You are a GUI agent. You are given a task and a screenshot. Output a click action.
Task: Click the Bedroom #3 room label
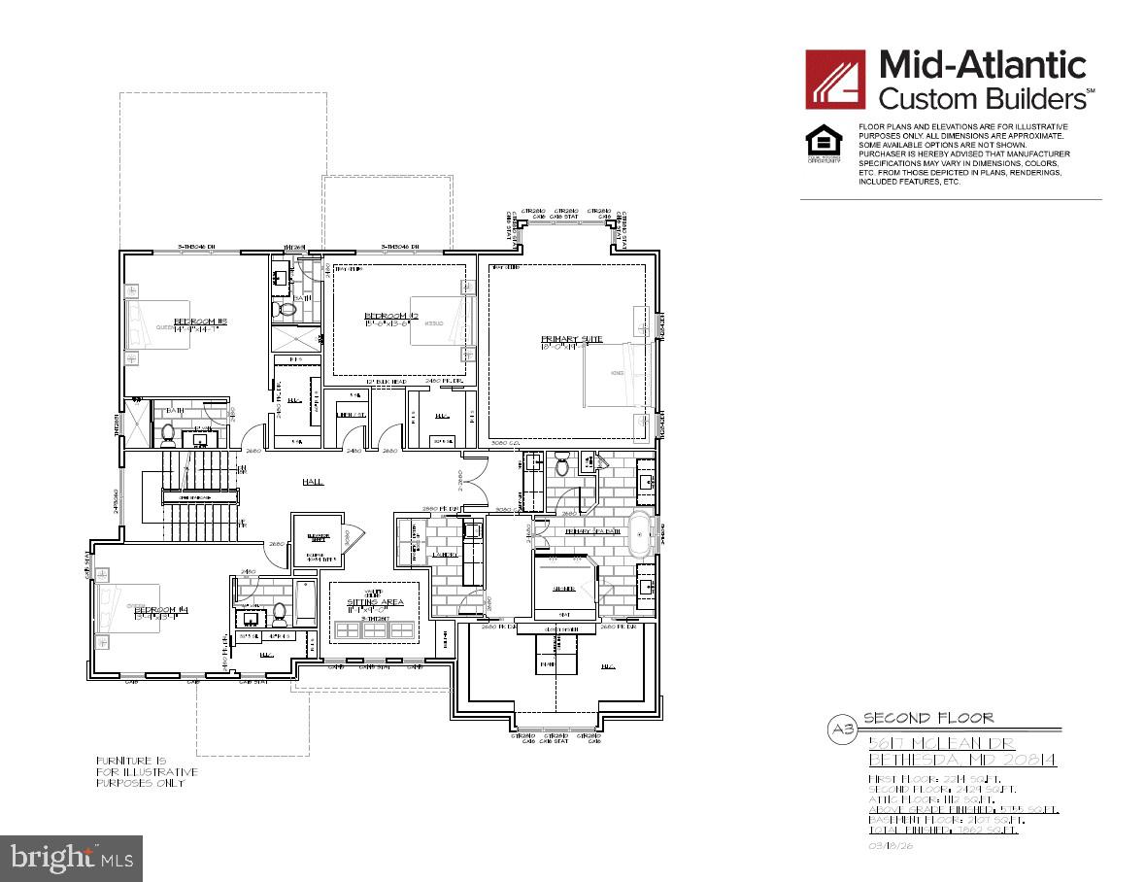pos(200,322)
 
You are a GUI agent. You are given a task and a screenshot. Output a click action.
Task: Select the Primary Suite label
pos(572,339)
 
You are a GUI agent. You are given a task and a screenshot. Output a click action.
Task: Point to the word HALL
pos(312,482)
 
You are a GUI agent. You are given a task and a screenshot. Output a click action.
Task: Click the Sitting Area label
pos(375,602)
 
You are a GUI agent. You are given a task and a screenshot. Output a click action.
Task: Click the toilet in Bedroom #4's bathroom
pos(280,613)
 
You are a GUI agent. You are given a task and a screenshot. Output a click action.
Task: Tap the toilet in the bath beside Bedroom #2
pos(286,309)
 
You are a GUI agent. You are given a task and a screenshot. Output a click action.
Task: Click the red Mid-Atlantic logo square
pos(835,79)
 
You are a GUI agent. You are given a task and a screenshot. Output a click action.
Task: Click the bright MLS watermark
pos(72,858)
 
